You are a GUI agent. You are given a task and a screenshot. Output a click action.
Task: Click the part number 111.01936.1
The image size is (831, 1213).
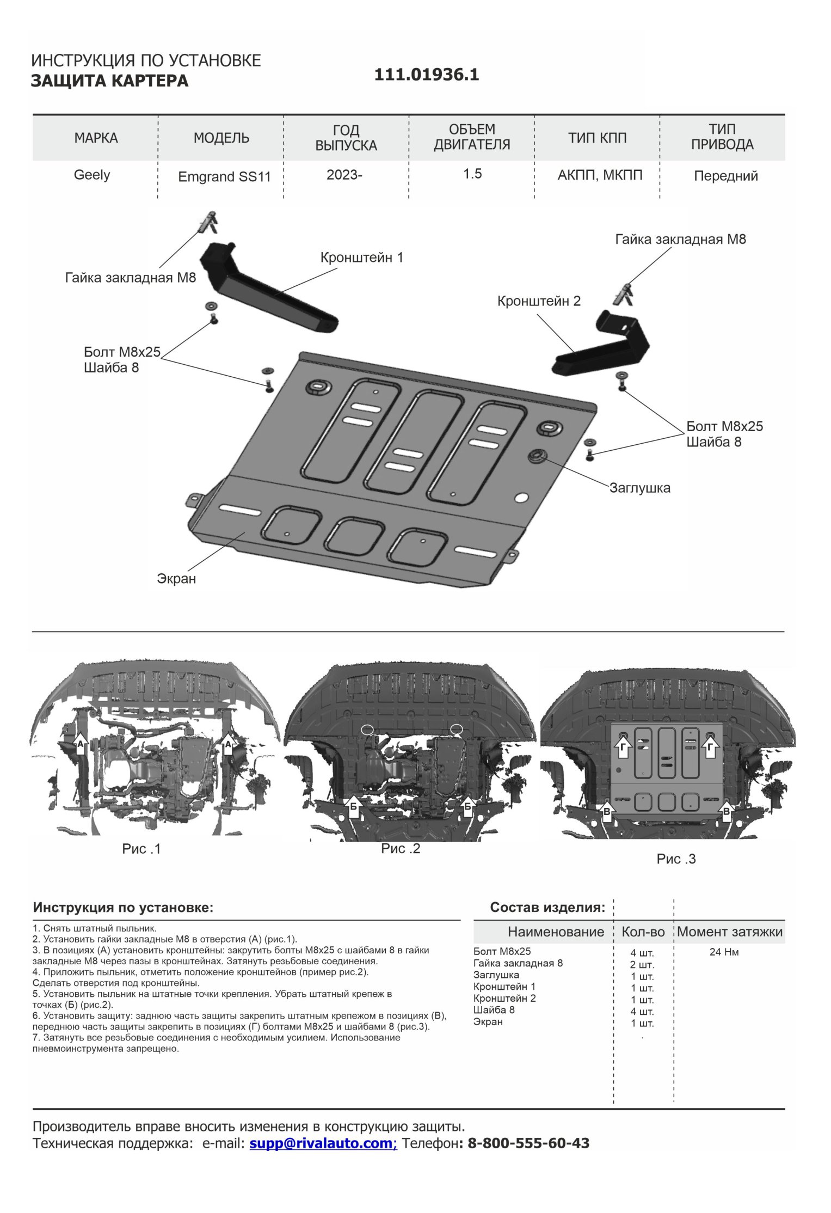(426, 75)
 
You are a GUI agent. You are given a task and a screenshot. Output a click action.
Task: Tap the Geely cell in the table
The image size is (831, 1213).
(92, 175)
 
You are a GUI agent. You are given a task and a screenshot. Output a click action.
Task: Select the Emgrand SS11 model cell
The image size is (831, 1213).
(224, 177)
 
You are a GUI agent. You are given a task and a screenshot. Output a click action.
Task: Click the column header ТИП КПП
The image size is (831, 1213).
(597, 138)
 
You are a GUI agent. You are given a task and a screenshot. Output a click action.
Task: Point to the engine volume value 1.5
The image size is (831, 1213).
(472, 174)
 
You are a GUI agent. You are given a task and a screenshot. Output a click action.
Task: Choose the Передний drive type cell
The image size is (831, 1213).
(725, 176)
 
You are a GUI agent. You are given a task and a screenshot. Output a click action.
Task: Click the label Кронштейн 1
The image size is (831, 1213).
(362, 258)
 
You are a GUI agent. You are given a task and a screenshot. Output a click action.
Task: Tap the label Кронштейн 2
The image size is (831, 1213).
(539, 301)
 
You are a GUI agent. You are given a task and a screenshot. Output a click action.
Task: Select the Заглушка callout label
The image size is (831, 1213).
(639, 488)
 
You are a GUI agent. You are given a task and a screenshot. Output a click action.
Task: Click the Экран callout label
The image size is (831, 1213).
(176, 579)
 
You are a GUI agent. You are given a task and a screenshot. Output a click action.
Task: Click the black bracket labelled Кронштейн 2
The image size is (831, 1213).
(604, 348)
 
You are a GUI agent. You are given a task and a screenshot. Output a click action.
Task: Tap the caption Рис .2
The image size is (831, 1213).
(401, 849)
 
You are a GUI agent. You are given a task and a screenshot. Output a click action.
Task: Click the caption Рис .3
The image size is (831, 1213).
(676, 859)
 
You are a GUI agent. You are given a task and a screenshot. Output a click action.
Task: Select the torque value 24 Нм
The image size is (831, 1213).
(724, 952)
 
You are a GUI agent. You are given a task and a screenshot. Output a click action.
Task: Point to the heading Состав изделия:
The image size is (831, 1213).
(547, 908)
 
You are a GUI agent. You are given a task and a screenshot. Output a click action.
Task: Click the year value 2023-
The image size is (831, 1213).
(344, 175)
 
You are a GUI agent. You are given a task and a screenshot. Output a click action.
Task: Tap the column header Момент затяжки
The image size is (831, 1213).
(729, 932)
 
